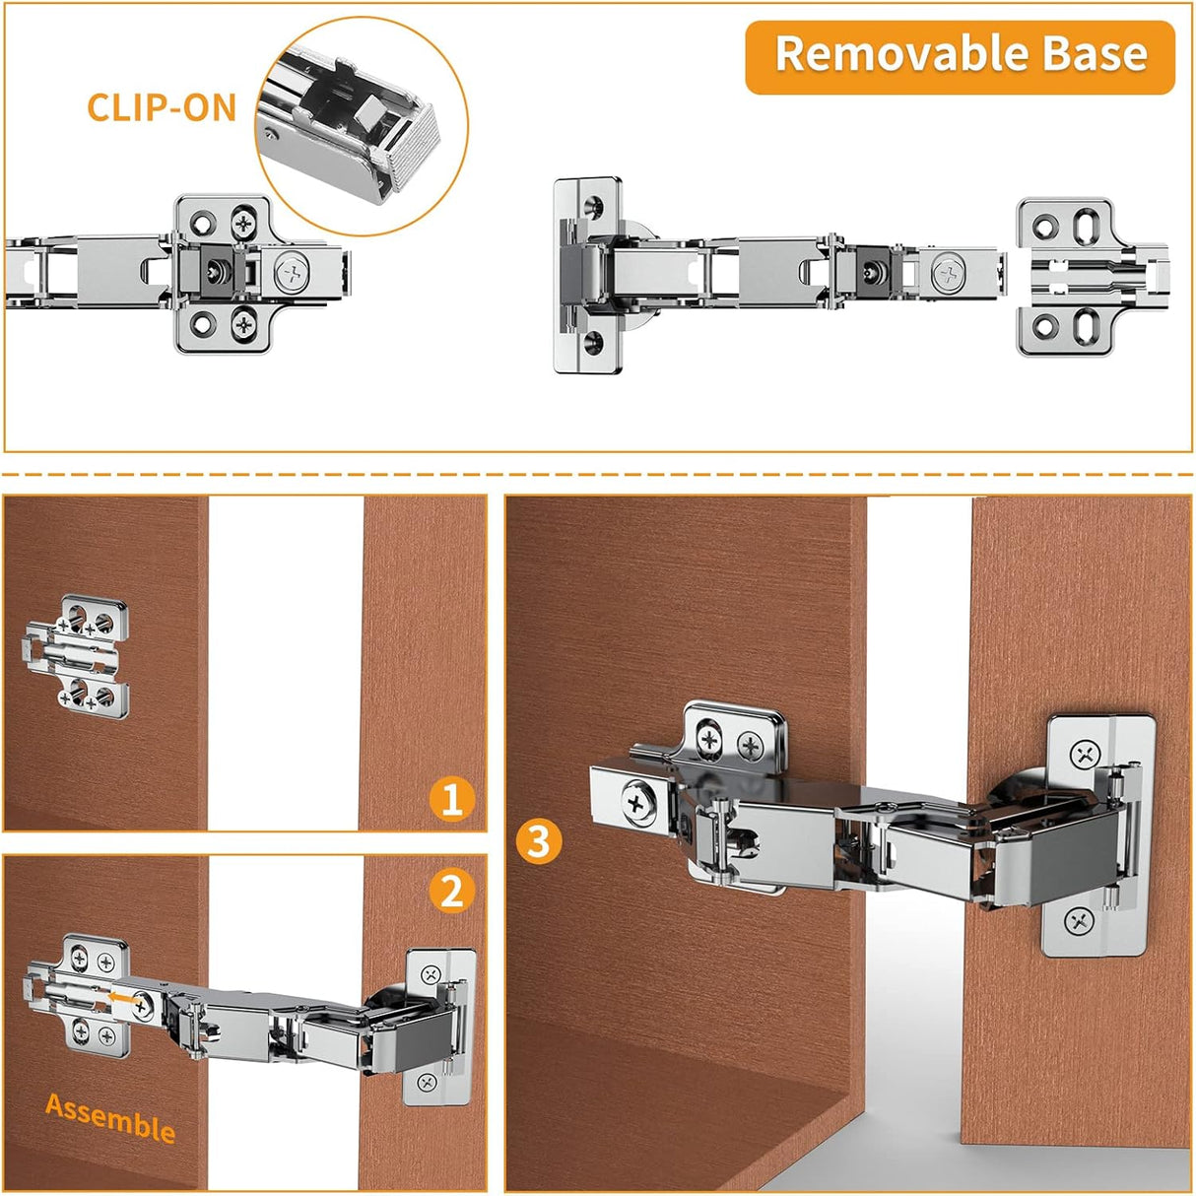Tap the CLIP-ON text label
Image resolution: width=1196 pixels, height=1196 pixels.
[162, 107]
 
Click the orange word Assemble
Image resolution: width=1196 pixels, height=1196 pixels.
[110, 1118]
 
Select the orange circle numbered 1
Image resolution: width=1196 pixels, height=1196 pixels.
[452, 798]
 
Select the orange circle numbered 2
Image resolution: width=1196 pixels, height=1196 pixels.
[452, 891]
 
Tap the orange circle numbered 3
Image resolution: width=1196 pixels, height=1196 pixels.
[538, 842]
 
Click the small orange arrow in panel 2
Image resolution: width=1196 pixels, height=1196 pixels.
[122, 998]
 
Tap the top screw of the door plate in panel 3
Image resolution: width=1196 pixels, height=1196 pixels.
[1086, 756]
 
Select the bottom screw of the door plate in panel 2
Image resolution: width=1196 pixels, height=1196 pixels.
[427, 1083]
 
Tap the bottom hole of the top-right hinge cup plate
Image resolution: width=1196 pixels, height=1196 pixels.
[595, 344]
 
